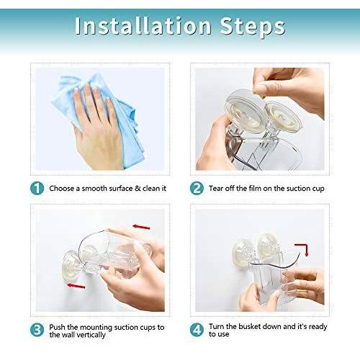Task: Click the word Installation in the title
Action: [x=143, y=25]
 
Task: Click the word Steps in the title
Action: [x=252, y=27]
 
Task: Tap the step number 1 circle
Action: [x=37, y=188]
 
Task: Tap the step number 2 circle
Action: [x=197, y=188]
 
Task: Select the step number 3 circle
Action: [x=37, y=330]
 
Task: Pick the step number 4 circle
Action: [x=197, y=330]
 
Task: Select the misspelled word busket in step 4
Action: [x=244, y=326]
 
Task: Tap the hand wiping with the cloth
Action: [x=99, y=127]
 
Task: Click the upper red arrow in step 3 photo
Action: [x=141, y=227]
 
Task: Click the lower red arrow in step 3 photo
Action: [x=76, y=286]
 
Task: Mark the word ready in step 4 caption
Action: [x=318, y=327]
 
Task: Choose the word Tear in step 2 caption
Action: [x=216, y=189]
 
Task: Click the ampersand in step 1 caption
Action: [x=138, y=189]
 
